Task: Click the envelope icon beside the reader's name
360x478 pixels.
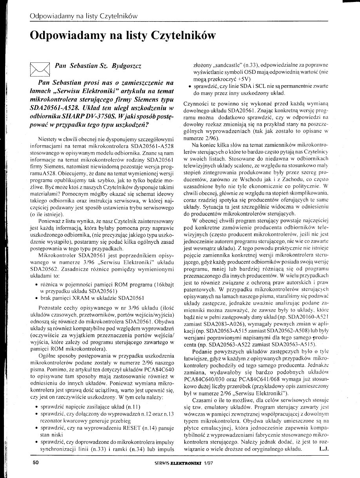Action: point(39,70)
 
